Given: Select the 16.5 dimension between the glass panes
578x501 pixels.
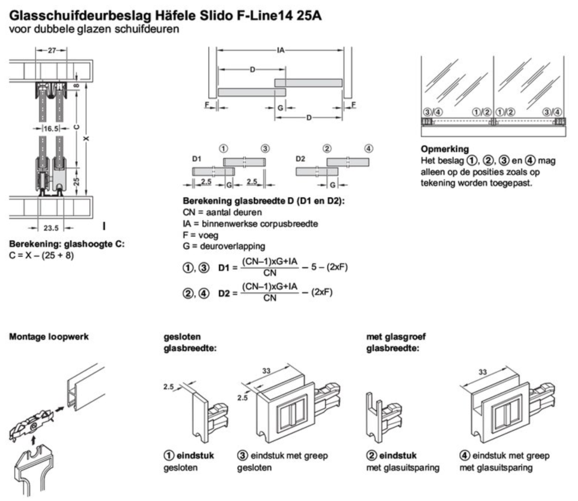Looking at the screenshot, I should click(50, 129).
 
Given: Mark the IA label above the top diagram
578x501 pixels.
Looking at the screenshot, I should click(279, 51).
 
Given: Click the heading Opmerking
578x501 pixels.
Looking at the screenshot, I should click(445, 148).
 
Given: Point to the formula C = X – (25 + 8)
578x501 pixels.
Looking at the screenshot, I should click(42, 256).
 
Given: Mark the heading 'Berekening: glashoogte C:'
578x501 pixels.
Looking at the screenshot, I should click(67, 245).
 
